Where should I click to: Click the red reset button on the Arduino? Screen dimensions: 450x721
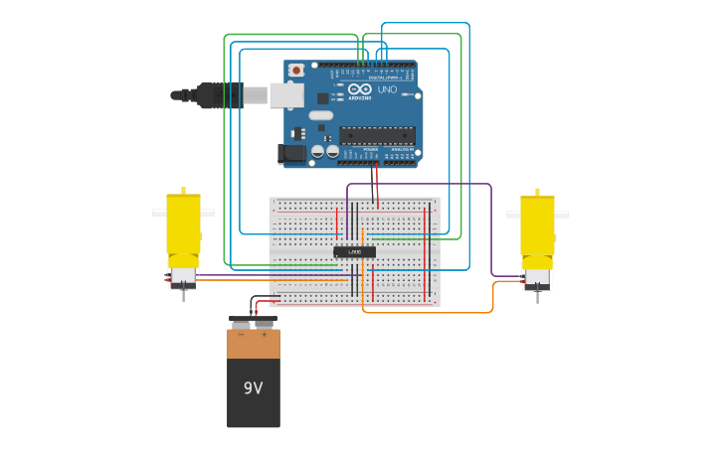(296, 71)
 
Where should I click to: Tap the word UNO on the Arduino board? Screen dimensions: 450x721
(387, 90)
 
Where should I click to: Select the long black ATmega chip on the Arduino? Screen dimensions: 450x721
(377, 134)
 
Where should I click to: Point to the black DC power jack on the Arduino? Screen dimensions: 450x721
(291, 153)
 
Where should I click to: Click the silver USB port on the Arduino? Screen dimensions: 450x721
(286, 95)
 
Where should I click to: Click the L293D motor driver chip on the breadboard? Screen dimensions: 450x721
(354, 252)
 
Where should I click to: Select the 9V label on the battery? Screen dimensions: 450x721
(254, 387)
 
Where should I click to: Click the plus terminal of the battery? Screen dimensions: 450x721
(265, 324)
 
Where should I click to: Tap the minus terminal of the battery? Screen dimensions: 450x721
(241, 324)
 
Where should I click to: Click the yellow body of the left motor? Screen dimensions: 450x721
(183, 224)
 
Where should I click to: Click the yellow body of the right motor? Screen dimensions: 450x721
(537, 225)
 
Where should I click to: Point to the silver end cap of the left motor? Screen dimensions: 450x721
(183, 278)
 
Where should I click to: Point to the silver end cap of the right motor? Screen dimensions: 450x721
(537, 279)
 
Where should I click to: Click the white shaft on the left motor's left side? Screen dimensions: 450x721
(158, 213)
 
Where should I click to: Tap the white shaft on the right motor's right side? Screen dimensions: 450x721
(562, 215)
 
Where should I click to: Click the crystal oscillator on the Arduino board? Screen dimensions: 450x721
(320, 115)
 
